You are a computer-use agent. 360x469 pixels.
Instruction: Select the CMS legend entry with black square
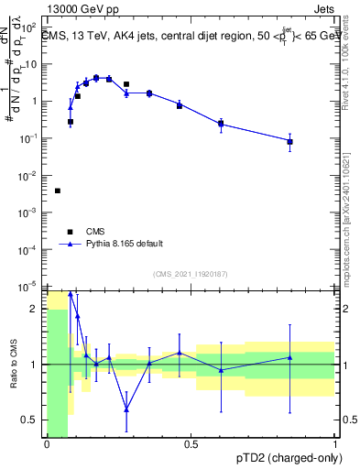[x=71, y=232]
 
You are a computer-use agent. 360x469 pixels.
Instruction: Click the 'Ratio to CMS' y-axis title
[x=13, y=378]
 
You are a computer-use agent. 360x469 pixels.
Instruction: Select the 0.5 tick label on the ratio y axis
[x=32, y=420]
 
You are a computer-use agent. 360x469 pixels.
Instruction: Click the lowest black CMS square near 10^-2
[x=58, y=191]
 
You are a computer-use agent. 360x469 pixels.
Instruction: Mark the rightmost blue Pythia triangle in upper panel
[x=289, y=141]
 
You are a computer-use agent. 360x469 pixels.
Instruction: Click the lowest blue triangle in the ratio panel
[x=126, y=409]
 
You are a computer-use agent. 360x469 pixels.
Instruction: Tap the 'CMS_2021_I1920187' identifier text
[x=190, y=274]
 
